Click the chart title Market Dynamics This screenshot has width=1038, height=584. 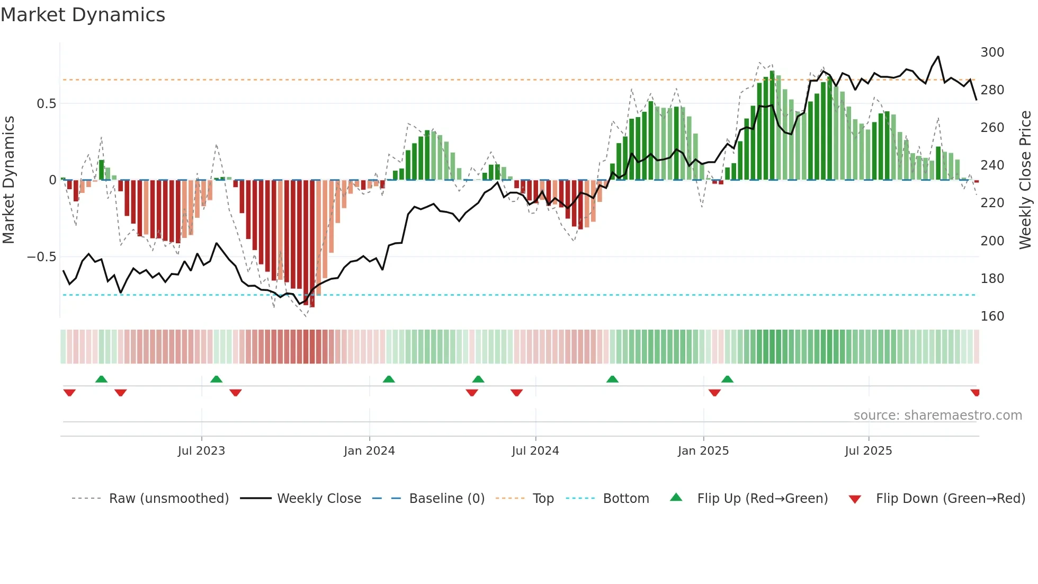(83, 15)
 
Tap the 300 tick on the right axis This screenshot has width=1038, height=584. (992, 52)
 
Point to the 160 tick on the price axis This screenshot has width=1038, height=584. (992, 316)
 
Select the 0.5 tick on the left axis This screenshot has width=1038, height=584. (46, 104)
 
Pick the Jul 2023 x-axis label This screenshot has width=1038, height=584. (201, 451)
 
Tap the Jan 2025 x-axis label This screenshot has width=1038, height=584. (703, 451)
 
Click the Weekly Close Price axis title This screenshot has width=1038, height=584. (1025, 180)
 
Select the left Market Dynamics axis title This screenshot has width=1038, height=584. (8, 180)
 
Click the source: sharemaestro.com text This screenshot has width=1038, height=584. (937, 415)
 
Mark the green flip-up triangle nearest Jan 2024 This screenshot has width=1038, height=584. (389, 379)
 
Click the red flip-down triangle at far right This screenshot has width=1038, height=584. (975, 393)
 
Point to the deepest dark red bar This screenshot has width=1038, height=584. (312, 244)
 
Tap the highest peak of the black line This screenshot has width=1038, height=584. (938, 57)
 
